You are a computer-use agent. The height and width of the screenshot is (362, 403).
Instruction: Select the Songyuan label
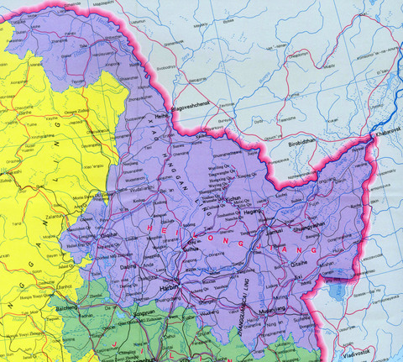pyautogui.click(x=145, y=310)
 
